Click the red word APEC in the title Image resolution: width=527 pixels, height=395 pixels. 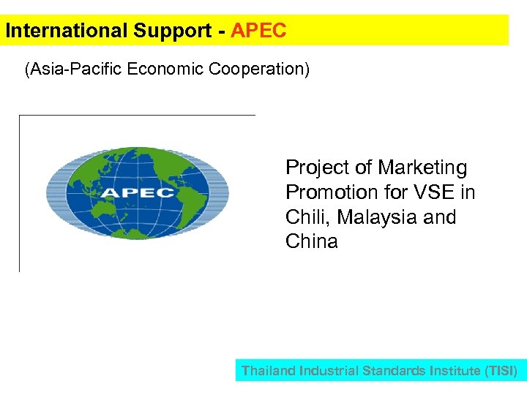[258, 31]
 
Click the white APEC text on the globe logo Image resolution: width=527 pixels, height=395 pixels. [138, 193]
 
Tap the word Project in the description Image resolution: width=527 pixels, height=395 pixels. [315, 168]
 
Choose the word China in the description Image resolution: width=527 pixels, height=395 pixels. [312, 242]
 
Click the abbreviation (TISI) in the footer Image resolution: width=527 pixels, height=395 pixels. [501, 371]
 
